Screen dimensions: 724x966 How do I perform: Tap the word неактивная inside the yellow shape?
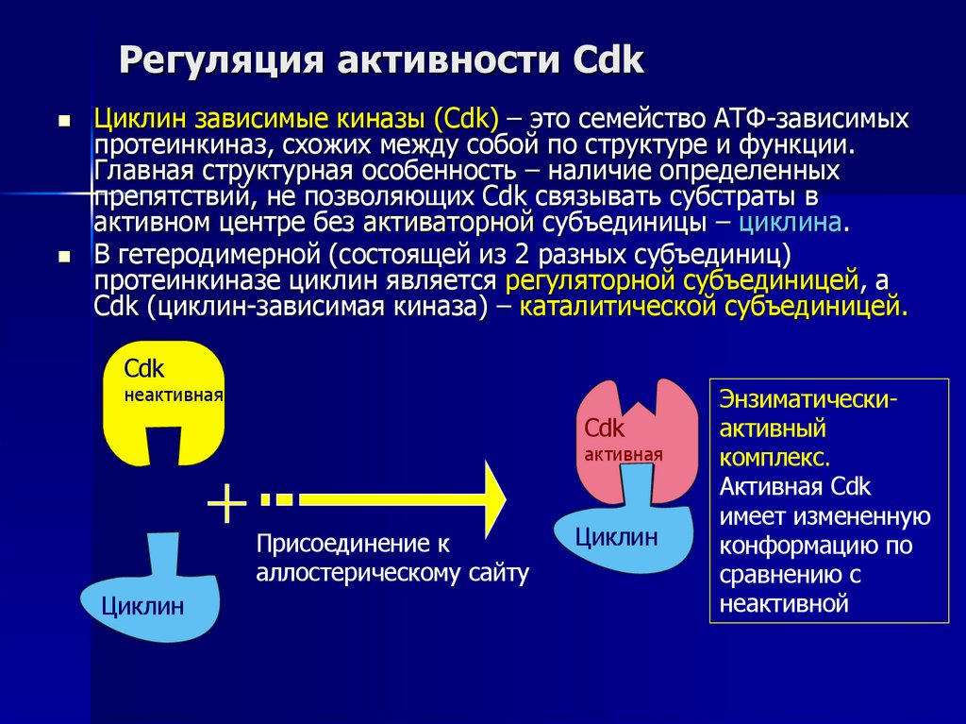(x=174, y=396)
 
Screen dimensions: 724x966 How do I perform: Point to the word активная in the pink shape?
(x=623, y=454)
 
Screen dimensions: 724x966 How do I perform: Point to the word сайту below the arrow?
(x=496, y=572)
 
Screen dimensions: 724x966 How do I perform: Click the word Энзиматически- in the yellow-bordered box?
(x=808, y=398)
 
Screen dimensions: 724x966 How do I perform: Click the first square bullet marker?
(x=65, y=122)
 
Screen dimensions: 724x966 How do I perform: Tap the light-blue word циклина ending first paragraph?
(x=791, y=224)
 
